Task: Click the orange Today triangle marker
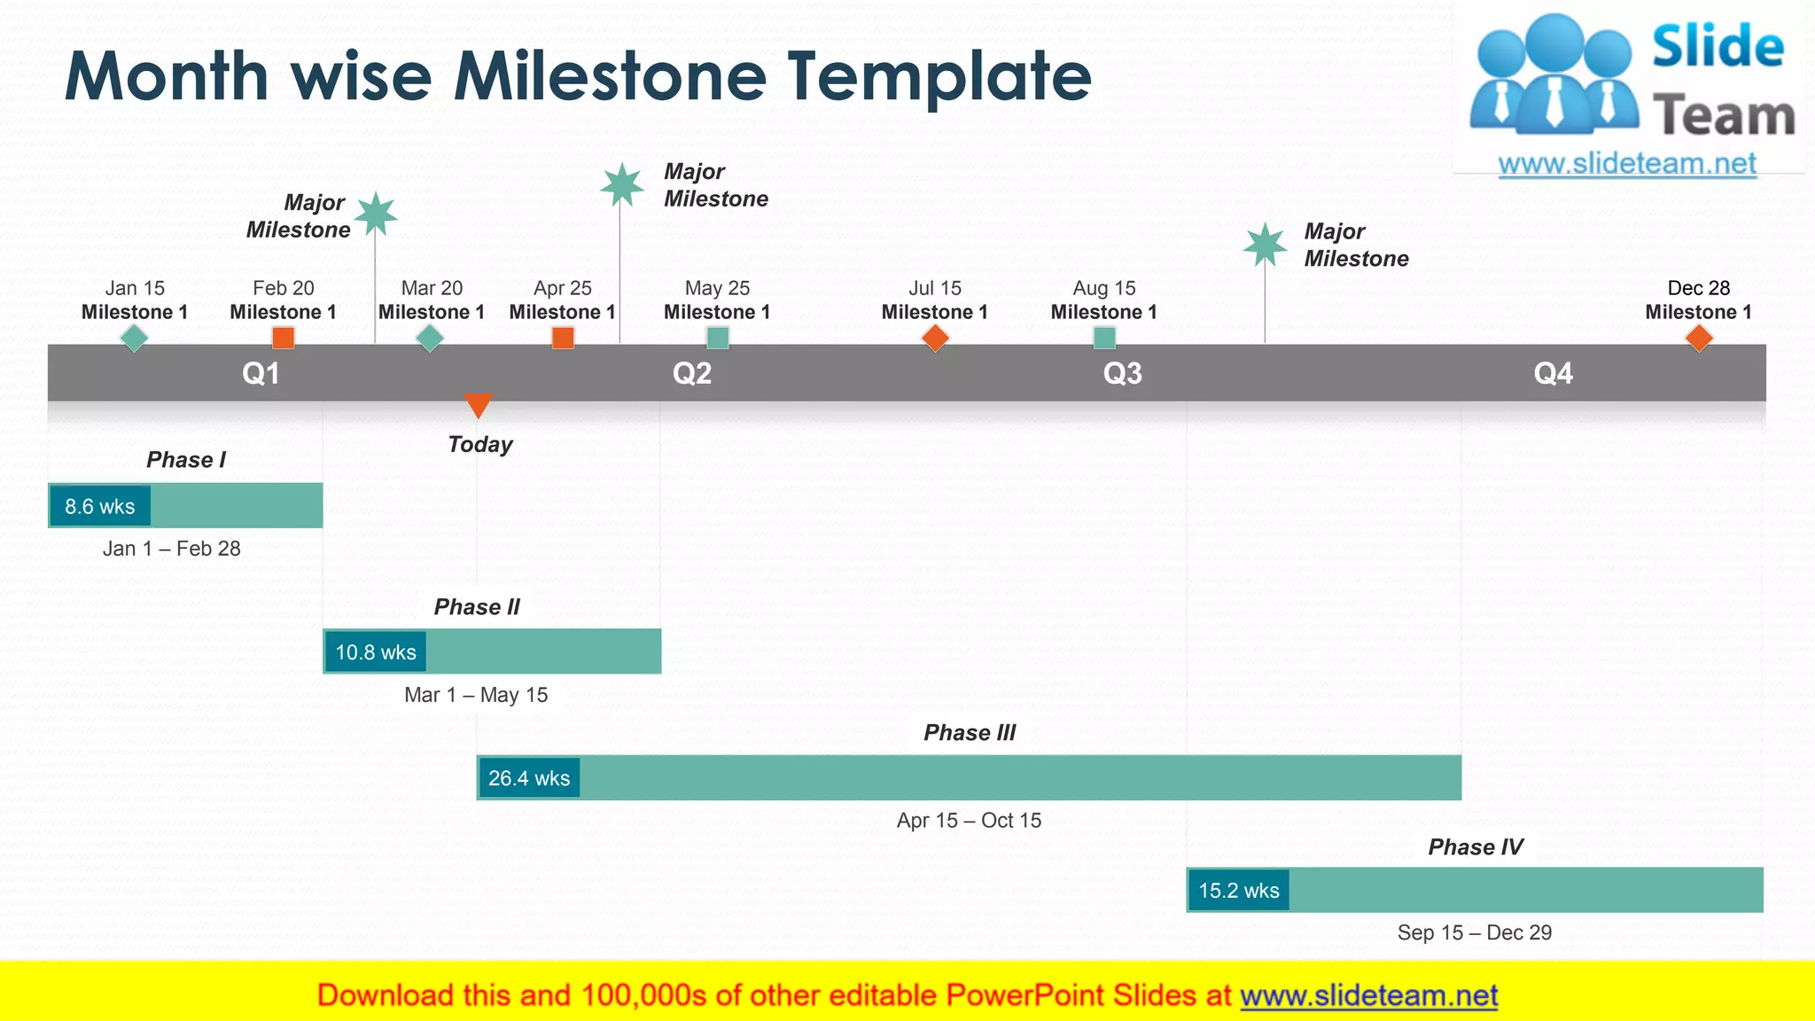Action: pos(478,404)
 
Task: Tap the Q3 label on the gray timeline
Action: pos(1122,373)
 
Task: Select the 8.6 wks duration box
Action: pos(100,506)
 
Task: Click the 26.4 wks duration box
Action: pos(529,778)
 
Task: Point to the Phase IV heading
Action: pos(1475,847)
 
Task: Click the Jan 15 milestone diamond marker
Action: pos(134,338)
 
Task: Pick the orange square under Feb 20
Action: pos(283,338)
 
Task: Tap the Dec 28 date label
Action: pos(1698,288)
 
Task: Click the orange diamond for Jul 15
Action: pos(935,338)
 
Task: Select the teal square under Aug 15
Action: pos(1104,338)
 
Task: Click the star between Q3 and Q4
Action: pos(1265,245)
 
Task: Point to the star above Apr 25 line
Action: pos(621,184)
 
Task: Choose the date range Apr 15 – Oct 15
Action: pos(969,821)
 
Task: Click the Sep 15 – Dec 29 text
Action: pos(1474,932)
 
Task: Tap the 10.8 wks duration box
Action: pos(376,652)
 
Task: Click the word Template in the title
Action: pos(939,76)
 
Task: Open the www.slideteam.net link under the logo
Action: pos(1626,164)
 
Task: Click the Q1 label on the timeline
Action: pos(261,373)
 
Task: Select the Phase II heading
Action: pos(477,607)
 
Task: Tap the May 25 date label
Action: pos(717,288)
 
